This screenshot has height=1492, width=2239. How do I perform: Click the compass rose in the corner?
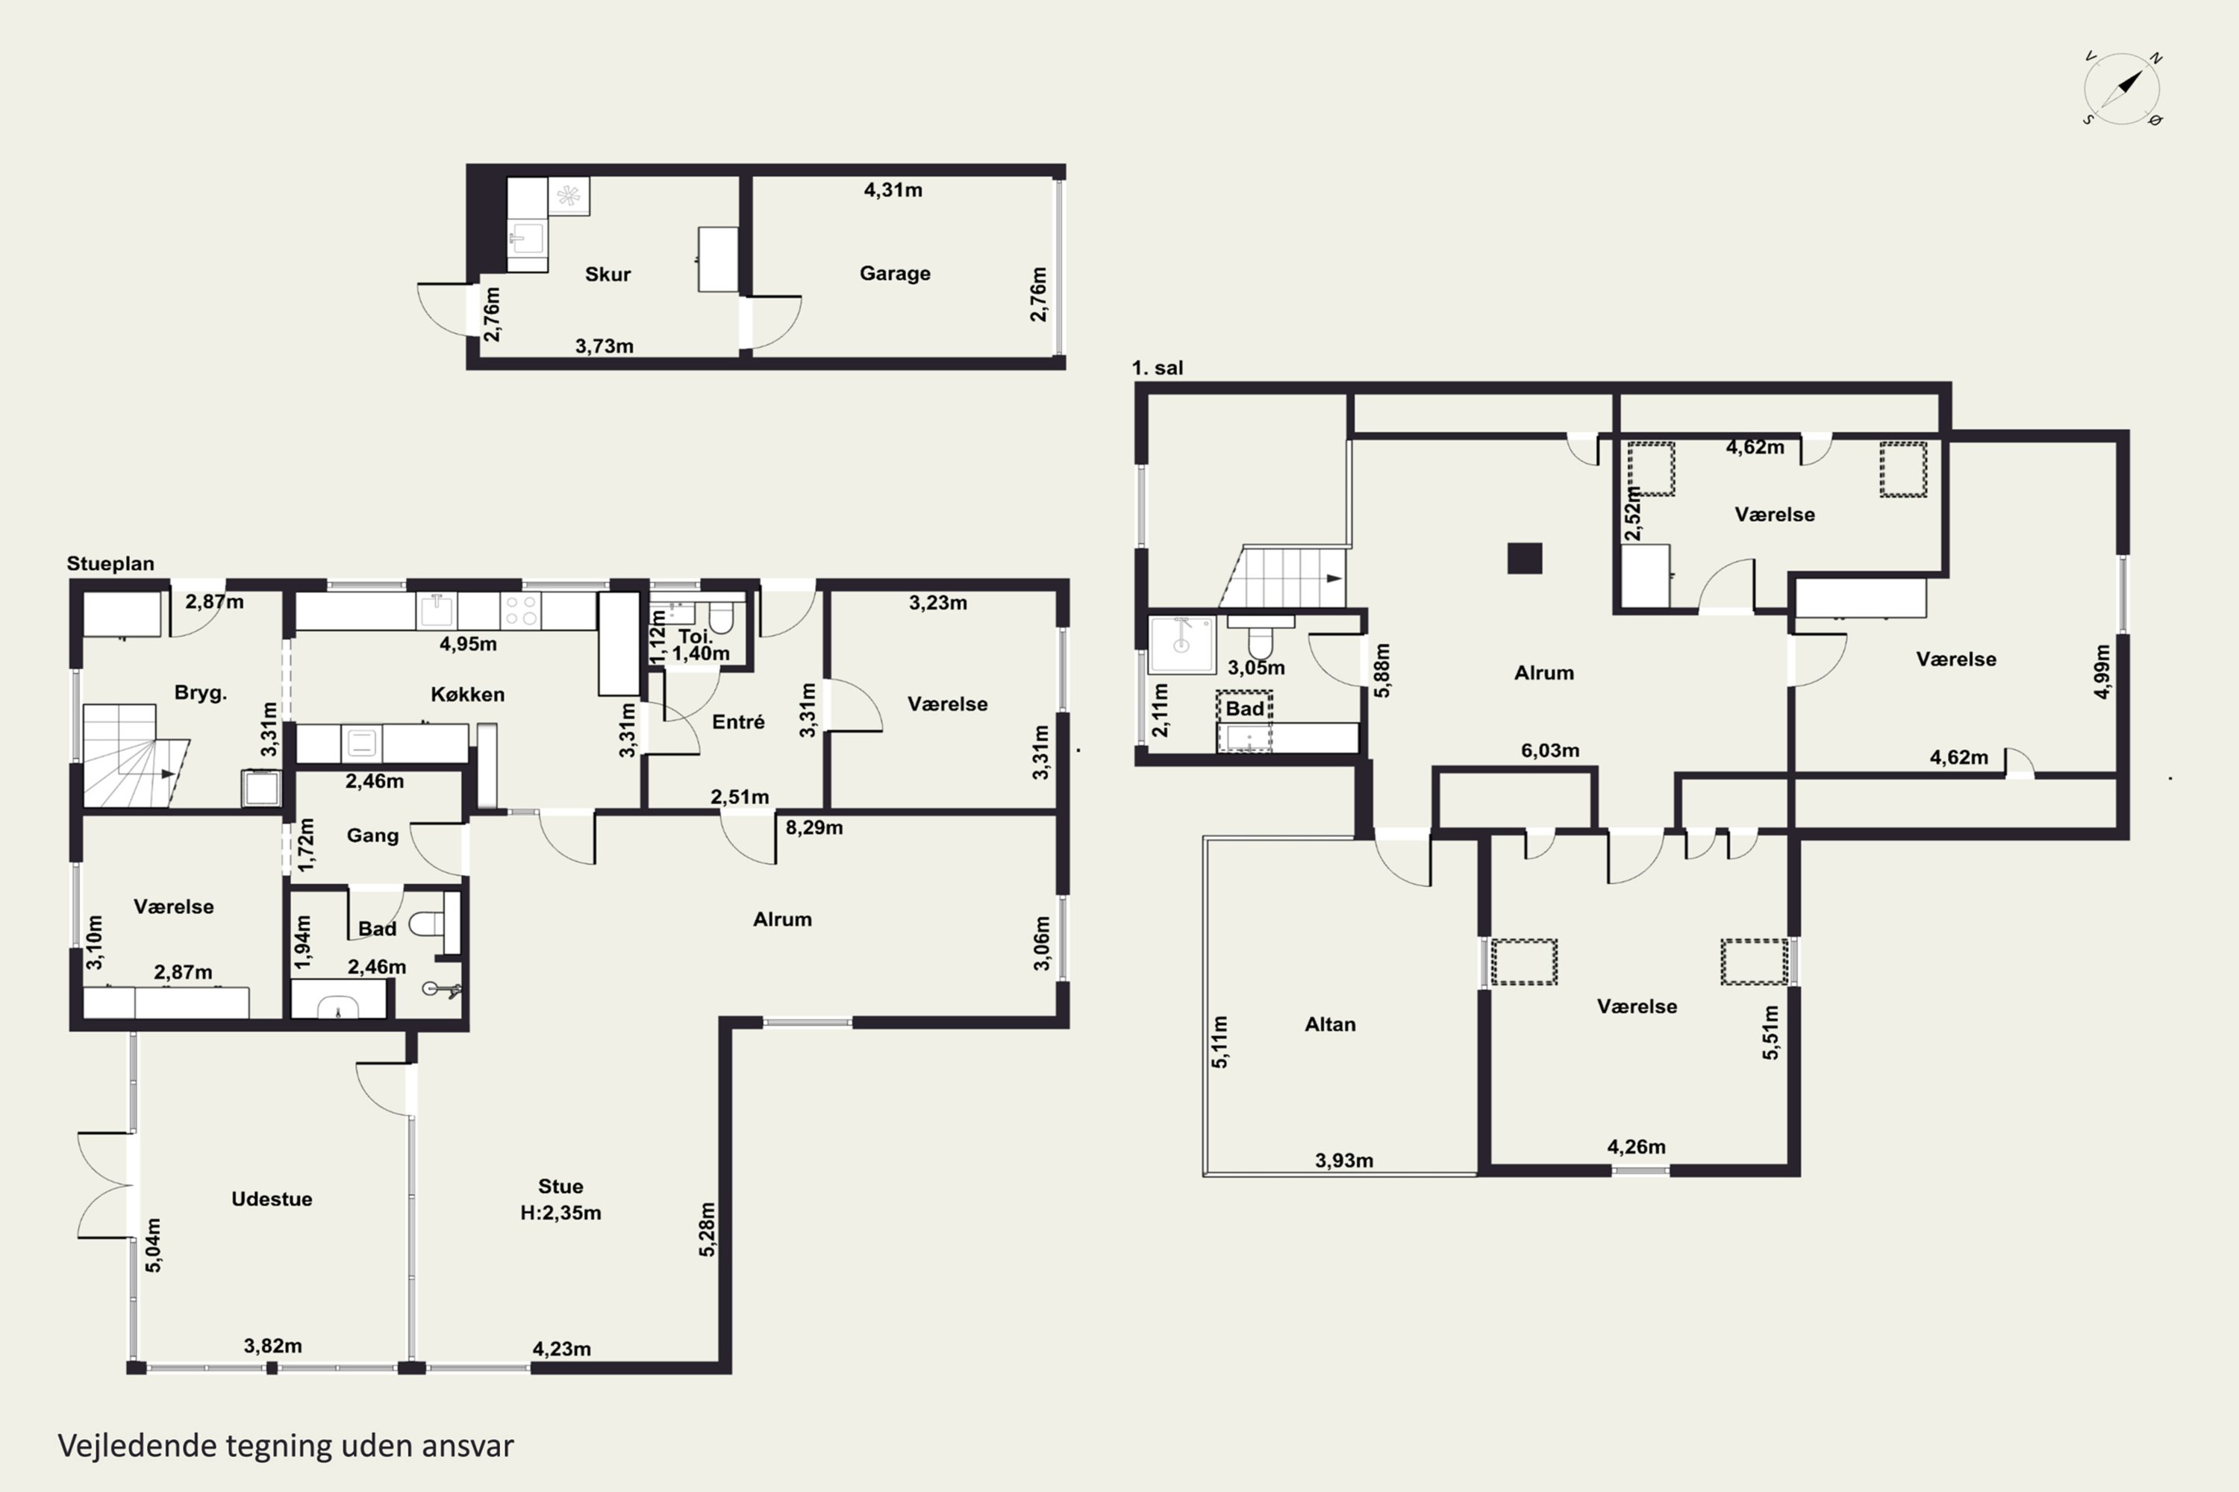click(2122, 90)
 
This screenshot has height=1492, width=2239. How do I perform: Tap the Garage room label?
click(895, 273)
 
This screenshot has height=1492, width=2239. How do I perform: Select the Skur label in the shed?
click(608, 274)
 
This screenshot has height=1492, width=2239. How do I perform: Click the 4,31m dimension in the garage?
click(893, 189)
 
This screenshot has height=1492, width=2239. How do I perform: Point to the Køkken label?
click(467, 695)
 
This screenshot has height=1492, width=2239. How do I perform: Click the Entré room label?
click(738, 722)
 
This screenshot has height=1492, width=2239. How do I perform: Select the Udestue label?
click(272, 1199)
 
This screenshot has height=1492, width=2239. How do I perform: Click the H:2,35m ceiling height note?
click(560, 1213)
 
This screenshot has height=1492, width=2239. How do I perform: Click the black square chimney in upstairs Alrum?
click(1524, 559)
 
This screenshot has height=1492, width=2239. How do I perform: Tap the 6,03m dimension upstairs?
click(1550, 750)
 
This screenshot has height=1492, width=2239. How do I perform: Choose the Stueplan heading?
click(110, 563)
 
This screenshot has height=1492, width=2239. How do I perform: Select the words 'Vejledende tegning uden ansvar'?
click(286, 1446)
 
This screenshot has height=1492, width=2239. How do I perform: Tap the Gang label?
click(372, 836)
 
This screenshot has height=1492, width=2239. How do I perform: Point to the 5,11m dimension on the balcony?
click(1220, 1042)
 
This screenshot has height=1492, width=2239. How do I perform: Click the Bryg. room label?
click(200, 693)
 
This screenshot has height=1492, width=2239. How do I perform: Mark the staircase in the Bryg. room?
click(134, 756)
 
